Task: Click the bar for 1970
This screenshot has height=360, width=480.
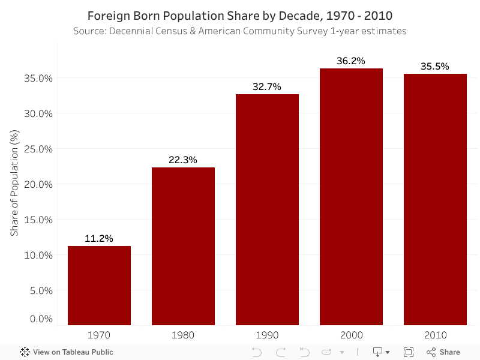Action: point(99,286)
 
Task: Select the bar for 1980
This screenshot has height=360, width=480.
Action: point(183,246)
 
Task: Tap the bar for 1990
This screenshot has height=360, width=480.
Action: point(267,210)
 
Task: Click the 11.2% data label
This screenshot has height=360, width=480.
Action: point(99,238)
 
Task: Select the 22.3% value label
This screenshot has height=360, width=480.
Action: point(183,160)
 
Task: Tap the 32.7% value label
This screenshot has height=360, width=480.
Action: point(267,86)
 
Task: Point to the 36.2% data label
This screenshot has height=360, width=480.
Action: point(351,61)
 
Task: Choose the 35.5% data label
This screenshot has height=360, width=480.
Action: point(435,66)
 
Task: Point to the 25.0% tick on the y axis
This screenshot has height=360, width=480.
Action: point(38,149)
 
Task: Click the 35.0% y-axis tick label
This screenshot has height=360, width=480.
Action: point(38,78)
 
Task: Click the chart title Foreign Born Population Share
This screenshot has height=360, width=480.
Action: point(240,15)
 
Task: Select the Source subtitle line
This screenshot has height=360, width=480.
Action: point(240,31)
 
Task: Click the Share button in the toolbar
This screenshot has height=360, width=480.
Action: point(443,352)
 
